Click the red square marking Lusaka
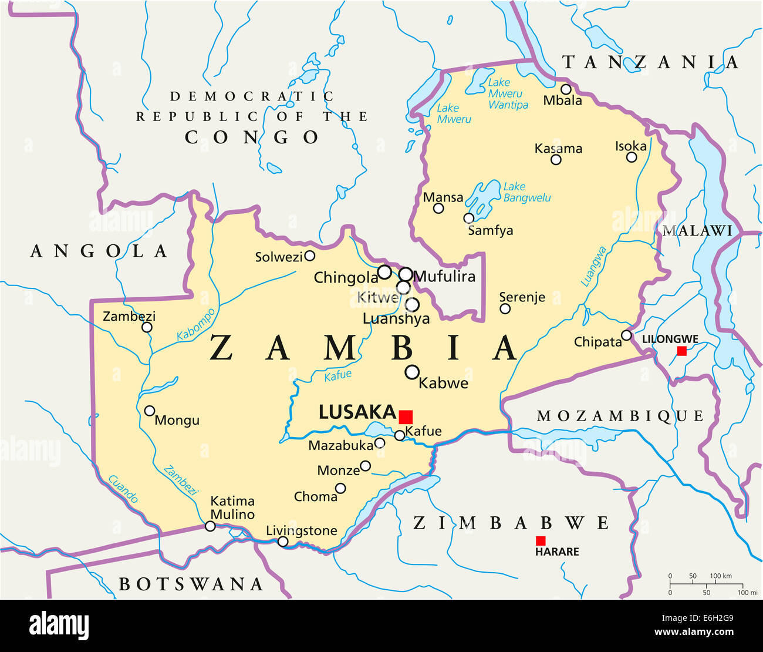tap(406, 417)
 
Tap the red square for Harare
tap(541, 540)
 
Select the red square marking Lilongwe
tap(681, 351)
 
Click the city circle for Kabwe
tap(412, 372)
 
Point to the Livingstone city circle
tap(283, 542)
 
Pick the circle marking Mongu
tap(150, 411)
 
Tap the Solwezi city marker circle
tap(309, 256)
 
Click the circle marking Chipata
tap(626, 335)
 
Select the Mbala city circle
tap(566, 89)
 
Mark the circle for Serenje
tap(505, 309)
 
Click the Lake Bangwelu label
tap(526, 192)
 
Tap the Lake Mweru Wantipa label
tap(508, 93)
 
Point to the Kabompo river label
tap(196, 324)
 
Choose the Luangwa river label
tap(593, 266)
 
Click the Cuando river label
tap(123, 489)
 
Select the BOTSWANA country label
tap(191, 584)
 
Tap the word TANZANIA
tap(650, 62)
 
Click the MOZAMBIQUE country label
tap(620, 416)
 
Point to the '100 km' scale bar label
tap(721, 576)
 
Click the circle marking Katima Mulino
tap(210, 526)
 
